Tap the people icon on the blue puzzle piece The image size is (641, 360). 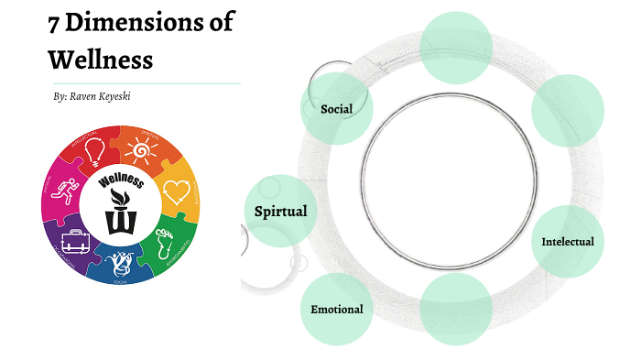pyautogui.click(x=119, y=265)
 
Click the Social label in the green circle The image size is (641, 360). pyautogui.click(x=336, y=109)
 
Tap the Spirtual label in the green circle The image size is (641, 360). pyautogui.click(x=280, y=212)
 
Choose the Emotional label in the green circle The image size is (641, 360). pyautogui.click(x=336, y=309)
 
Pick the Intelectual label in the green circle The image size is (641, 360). pyautogui.click(x=568, y=242)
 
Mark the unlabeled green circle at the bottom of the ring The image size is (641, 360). pyautogui.click(x=455, y=309)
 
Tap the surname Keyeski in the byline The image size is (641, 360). pyautogui.click(x=128, y=95)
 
